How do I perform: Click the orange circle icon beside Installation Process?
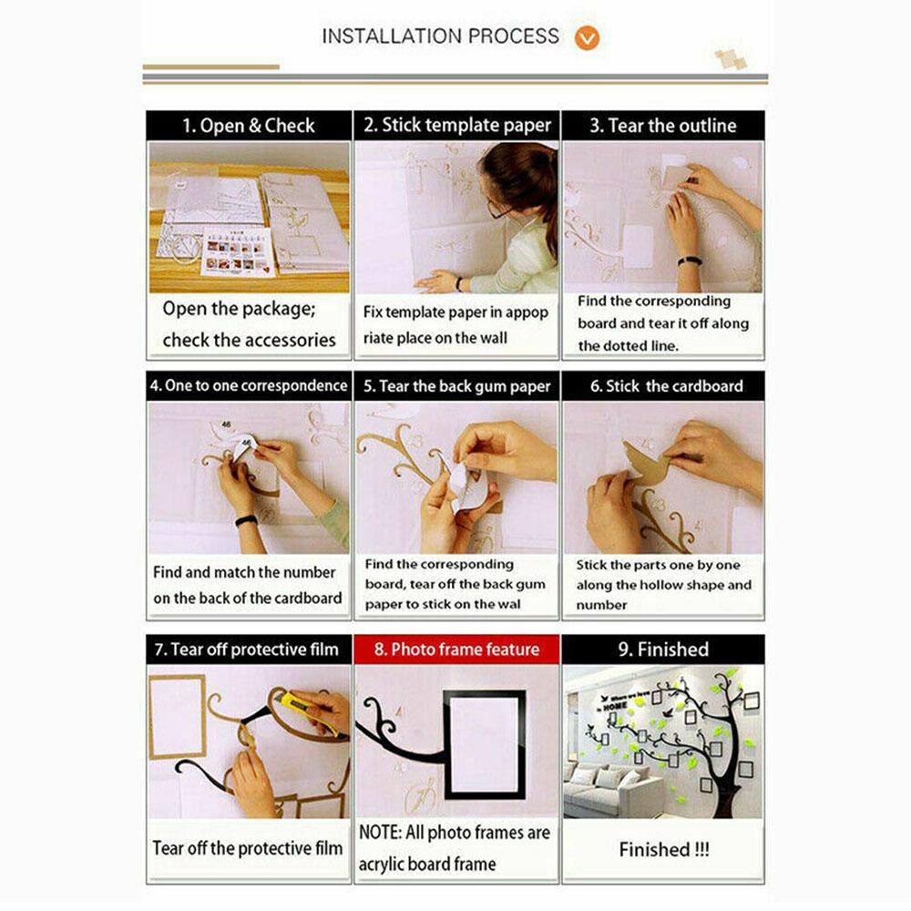pos(587,37)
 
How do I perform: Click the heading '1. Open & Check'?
pos(249,126)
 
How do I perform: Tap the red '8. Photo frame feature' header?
pos(456,649)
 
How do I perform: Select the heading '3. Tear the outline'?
pos(663,126)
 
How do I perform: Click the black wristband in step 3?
pos(690,261)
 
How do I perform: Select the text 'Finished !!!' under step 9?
pos(664,849)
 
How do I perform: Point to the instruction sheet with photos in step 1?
pos(238,252)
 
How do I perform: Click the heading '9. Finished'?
pos(663,649)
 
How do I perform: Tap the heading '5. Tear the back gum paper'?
pos(456,386)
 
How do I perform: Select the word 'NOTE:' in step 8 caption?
pos(381,832)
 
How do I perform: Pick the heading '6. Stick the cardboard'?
pos(667,386)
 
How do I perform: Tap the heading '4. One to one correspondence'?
pos(249,385)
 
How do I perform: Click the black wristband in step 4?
pos(246,520)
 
